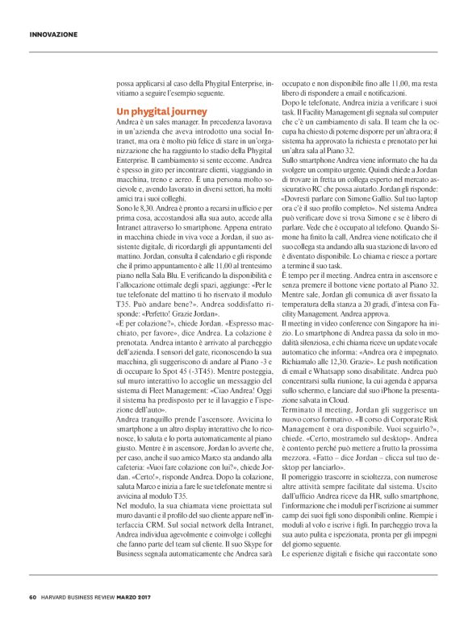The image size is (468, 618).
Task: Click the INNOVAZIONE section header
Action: pyautogui.click(x=53, y=35)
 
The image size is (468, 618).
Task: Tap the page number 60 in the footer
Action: pyautogui.click(x=33, y=597)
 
